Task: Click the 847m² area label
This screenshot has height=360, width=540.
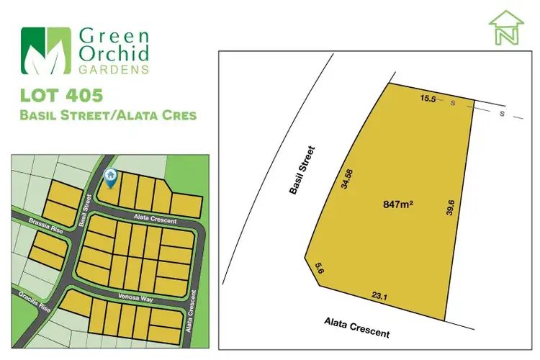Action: pos(397,205)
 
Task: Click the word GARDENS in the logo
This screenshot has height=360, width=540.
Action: pos(115,70)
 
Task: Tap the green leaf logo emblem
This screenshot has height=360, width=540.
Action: pos(46,51)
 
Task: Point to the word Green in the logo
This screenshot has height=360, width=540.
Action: pos(112,35)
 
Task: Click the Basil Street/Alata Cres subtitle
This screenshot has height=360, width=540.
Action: pos(109,115)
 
